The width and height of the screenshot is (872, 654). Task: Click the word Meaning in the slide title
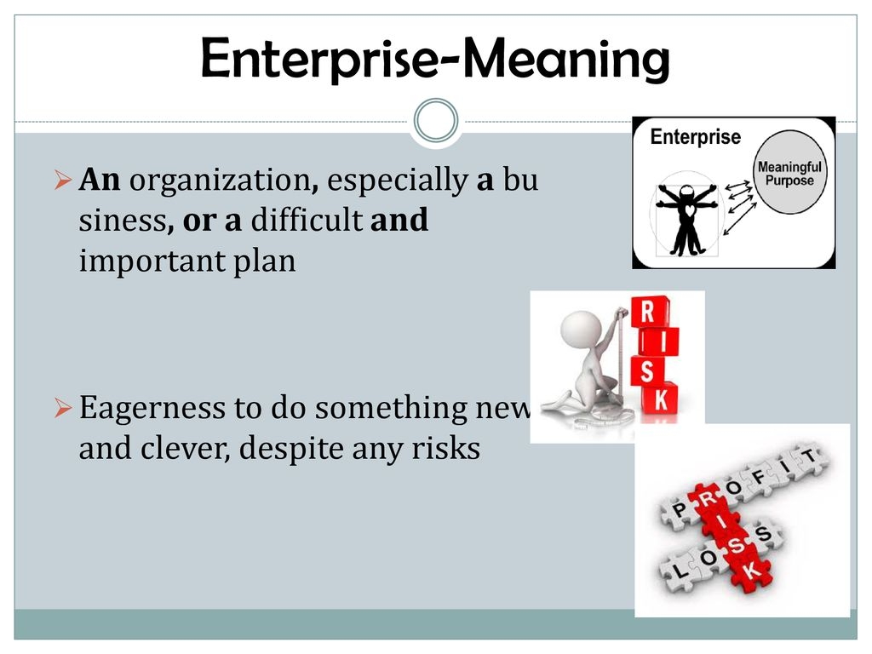tap(566, 60)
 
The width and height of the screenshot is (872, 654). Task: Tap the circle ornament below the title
tap(436, 121)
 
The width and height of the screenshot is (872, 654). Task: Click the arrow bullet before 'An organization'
tap(63, 181)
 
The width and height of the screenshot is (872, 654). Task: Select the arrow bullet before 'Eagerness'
tap(63, 408)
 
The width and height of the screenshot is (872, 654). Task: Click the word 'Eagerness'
tap(152, 408)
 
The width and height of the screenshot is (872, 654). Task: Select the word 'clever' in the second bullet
tap(185, 448)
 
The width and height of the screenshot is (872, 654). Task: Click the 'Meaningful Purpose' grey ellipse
tap(789, 172)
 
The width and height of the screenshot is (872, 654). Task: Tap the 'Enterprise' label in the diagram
tap(695, 137)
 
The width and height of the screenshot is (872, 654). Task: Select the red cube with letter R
tap(648, 312)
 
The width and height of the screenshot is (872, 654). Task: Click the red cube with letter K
tap(661, 399)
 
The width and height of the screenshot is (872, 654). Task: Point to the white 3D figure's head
tap(581, 330)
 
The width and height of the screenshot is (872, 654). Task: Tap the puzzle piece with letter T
tap(809, 457)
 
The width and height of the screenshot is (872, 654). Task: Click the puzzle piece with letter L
tap(679, 569)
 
